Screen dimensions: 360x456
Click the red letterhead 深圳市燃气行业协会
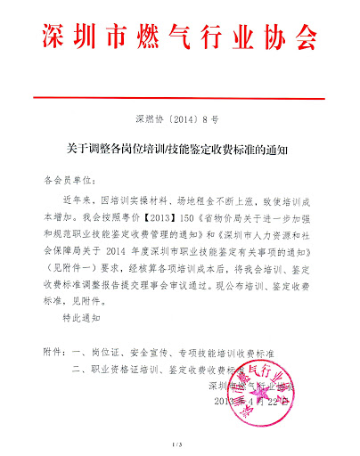click(180, 36)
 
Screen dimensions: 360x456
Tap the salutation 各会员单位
click(67, 178)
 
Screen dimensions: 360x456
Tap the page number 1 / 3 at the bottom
click(179, 443)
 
